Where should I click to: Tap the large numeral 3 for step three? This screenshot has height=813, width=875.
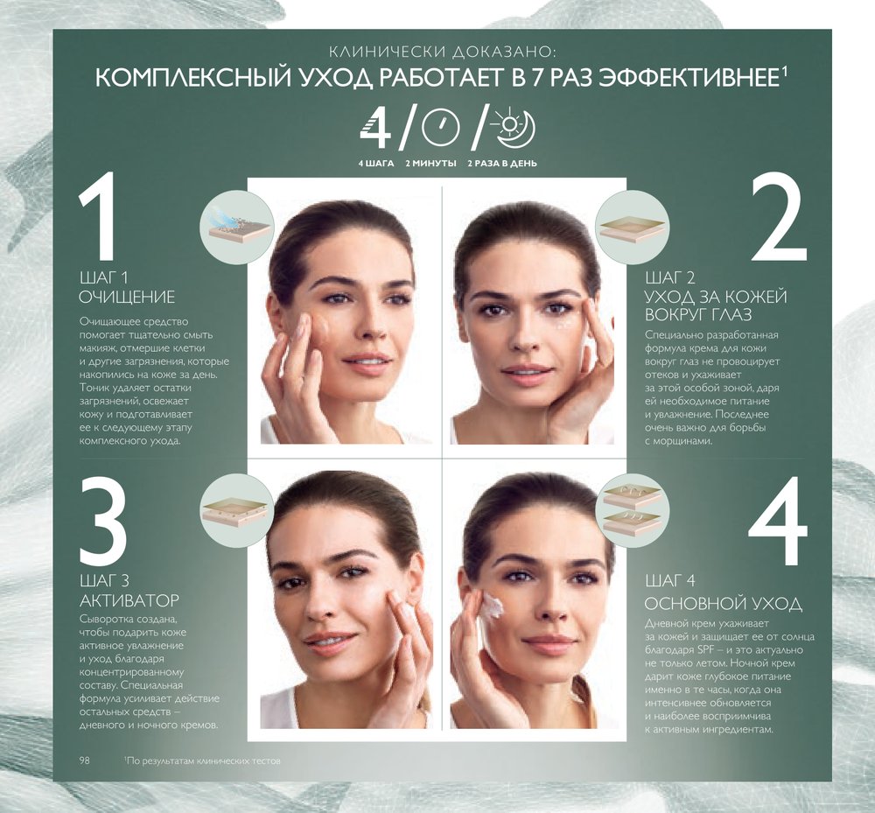coord(103,520)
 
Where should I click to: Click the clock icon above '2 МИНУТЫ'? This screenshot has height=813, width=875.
coord(440,128)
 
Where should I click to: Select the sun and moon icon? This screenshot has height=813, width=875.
coord(514,130)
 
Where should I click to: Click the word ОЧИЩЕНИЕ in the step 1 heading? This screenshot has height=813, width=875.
coord(127,297)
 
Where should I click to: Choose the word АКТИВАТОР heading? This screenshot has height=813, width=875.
coord(129,600)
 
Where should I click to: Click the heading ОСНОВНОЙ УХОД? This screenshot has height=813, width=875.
coord(724,603)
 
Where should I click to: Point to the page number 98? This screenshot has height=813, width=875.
coord(84,760)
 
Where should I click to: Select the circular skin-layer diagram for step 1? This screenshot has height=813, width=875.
coord(237,227)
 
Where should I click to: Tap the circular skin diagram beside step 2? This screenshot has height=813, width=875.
coord(632,228)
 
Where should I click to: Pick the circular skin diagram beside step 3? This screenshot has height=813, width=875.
coord(237,510)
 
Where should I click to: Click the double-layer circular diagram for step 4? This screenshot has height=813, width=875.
coord(632,510)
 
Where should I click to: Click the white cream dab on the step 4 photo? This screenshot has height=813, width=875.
coord(492,606)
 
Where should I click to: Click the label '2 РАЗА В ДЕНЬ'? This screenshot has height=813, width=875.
coord(502,164)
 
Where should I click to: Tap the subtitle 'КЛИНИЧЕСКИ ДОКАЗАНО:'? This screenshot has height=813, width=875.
coord(443,52)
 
